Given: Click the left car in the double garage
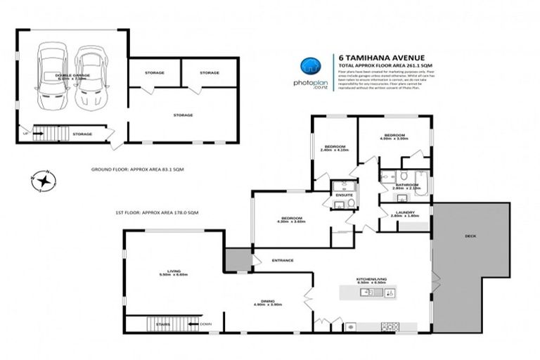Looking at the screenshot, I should (x=53, y=77).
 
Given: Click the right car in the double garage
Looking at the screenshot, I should (x=90, y=78).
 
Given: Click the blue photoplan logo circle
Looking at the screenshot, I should (x=310, y=67).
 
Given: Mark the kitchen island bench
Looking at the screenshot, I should (x=368, y=292).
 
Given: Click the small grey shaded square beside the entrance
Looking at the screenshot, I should (x=238, y=259).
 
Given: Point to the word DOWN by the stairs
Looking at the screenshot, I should (x=205, y=324).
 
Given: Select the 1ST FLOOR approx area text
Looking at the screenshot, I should (x=156, y=212).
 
